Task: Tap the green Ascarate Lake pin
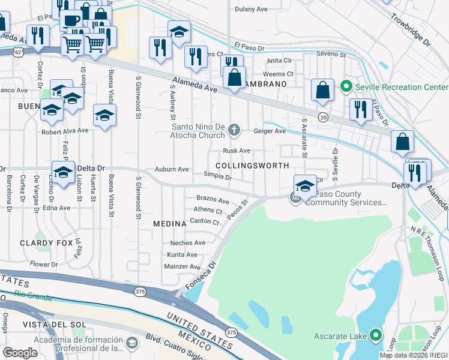376,335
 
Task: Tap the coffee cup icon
71,20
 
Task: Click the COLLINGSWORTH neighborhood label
252,165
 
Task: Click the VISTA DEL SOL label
47,325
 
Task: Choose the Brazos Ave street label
212,200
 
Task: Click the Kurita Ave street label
182,254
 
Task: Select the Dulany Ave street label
251,9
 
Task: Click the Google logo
20,353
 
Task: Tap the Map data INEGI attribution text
414,355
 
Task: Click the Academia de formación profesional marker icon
132,343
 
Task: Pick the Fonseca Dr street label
202,277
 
